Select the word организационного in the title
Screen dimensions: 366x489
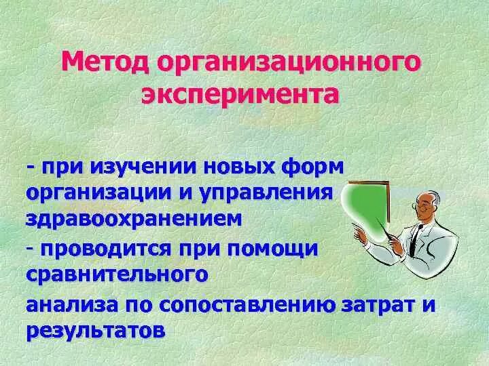coord(288,65)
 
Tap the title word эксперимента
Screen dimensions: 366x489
coord(240,96)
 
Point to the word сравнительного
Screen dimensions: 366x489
coord(116,274)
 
